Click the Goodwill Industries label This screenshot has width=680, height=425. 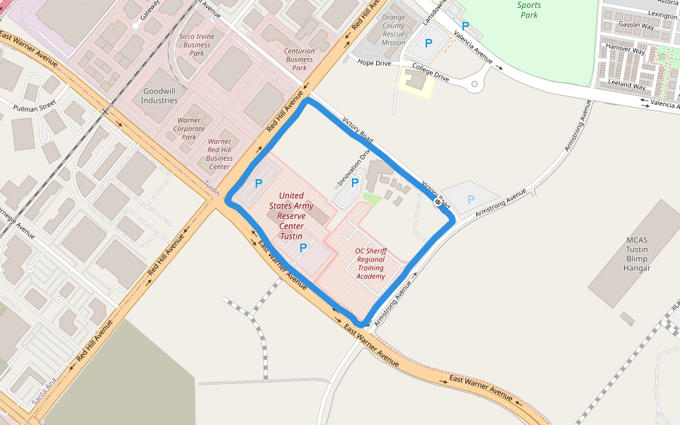point(159,96)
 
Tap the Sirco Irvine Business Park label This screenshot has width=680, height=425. point(197,45)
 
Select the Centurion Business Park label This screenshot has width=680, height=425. point(299,59)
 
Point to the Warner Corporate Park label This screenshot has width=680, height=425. point(188,128)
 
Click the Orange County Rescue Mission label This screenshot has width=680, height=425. point(393,30)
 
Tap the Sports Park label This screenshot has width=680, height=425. point(528,10)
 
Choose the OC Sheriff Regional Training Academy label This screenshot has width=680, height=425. point(370,263)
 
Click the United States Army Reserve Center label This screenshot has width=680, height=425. point(291,215)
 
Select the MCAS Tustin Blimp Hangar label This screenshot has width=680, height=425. point(636,254)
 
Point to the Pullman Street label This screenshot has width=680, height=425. point(34,107)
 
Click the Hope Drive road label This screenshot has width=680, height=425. point(374,63)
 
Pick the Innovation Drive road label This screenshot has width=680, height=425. point(354,168)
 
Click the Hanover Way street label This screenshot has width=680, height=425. point(625,49)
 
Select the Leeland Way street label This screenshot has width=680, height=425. point(628,84)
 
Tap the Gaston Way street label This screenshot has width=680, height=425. point(635,25)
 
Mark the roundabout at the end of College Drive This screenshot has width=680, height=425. point(475,86)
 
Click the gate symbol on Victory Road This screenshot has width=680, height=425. point(438,203)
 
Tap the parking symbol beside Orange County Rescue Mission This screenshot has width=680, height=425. point(428,43)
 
